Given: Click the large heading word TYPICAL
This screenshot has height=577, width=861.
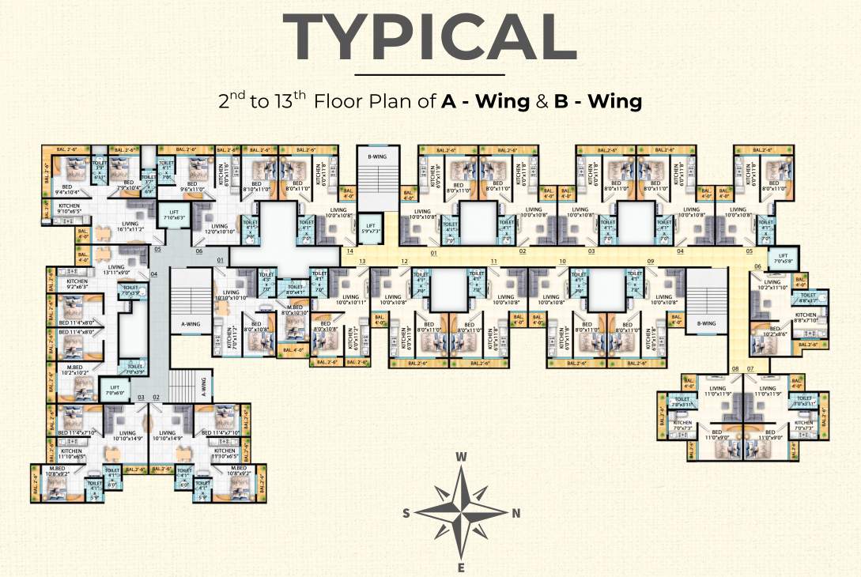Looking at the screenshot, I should [430, 37].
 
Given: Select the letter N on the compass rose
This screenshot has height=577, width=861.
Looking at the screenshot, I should [516, 512].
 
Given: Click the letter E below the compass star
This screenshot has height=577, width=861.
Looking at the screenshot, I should [462, 568].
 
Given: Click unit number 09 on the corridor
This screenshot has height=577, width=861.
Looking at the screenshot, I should [651, 262].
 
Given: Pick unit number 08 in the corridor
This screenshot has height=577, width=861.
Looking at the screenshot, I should [735, 369].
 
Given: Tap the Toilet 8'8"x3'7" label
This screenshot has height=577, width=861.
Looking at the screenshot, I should [808, 297].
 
